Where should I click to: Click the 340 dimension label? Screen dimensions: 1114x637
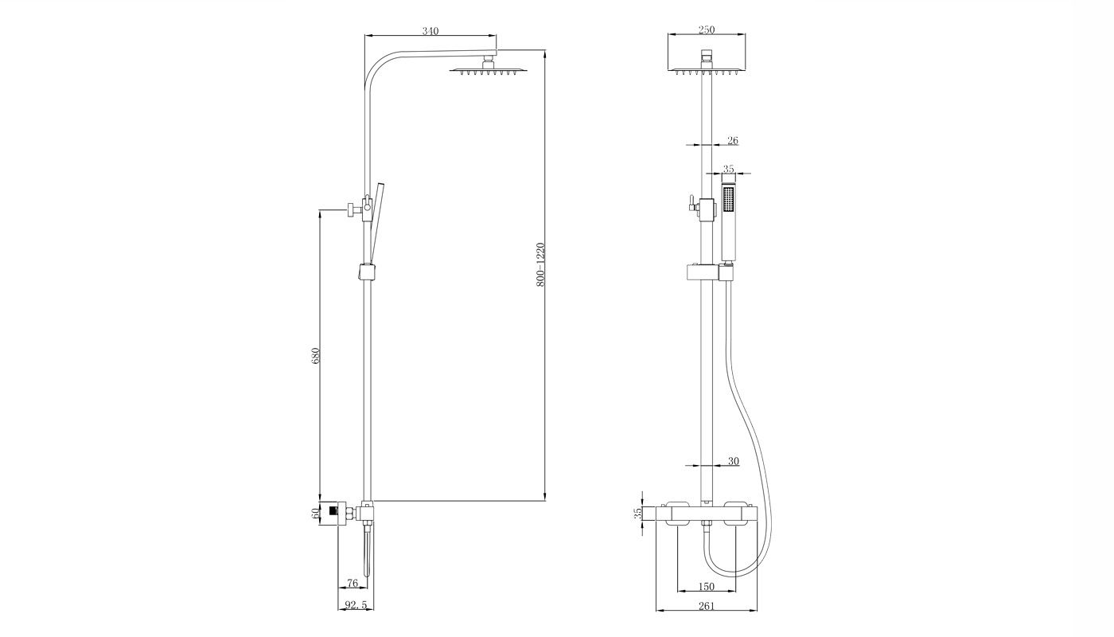point(430,31)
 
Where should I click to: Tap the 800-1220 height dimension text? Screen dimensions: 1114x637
point(540,264)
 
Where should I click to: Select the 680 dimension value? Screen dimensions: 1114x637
point(315,355)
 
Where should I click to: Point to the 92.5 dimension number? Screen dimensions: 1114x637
point(356,604)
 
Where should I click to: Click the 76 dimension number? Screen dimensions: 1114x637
point(352,583)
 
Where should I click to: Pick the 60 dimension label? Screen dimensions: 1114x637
point(315,514)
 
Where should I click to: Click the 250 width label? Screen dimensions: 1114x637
point(707,29)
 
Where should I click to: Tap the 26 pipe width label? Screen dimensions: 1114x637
point(733,140)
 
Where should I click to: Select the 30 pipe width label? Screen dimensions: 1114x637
point(734,461)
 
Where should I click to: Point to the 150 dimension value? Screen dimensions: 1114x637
point(707,587)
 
